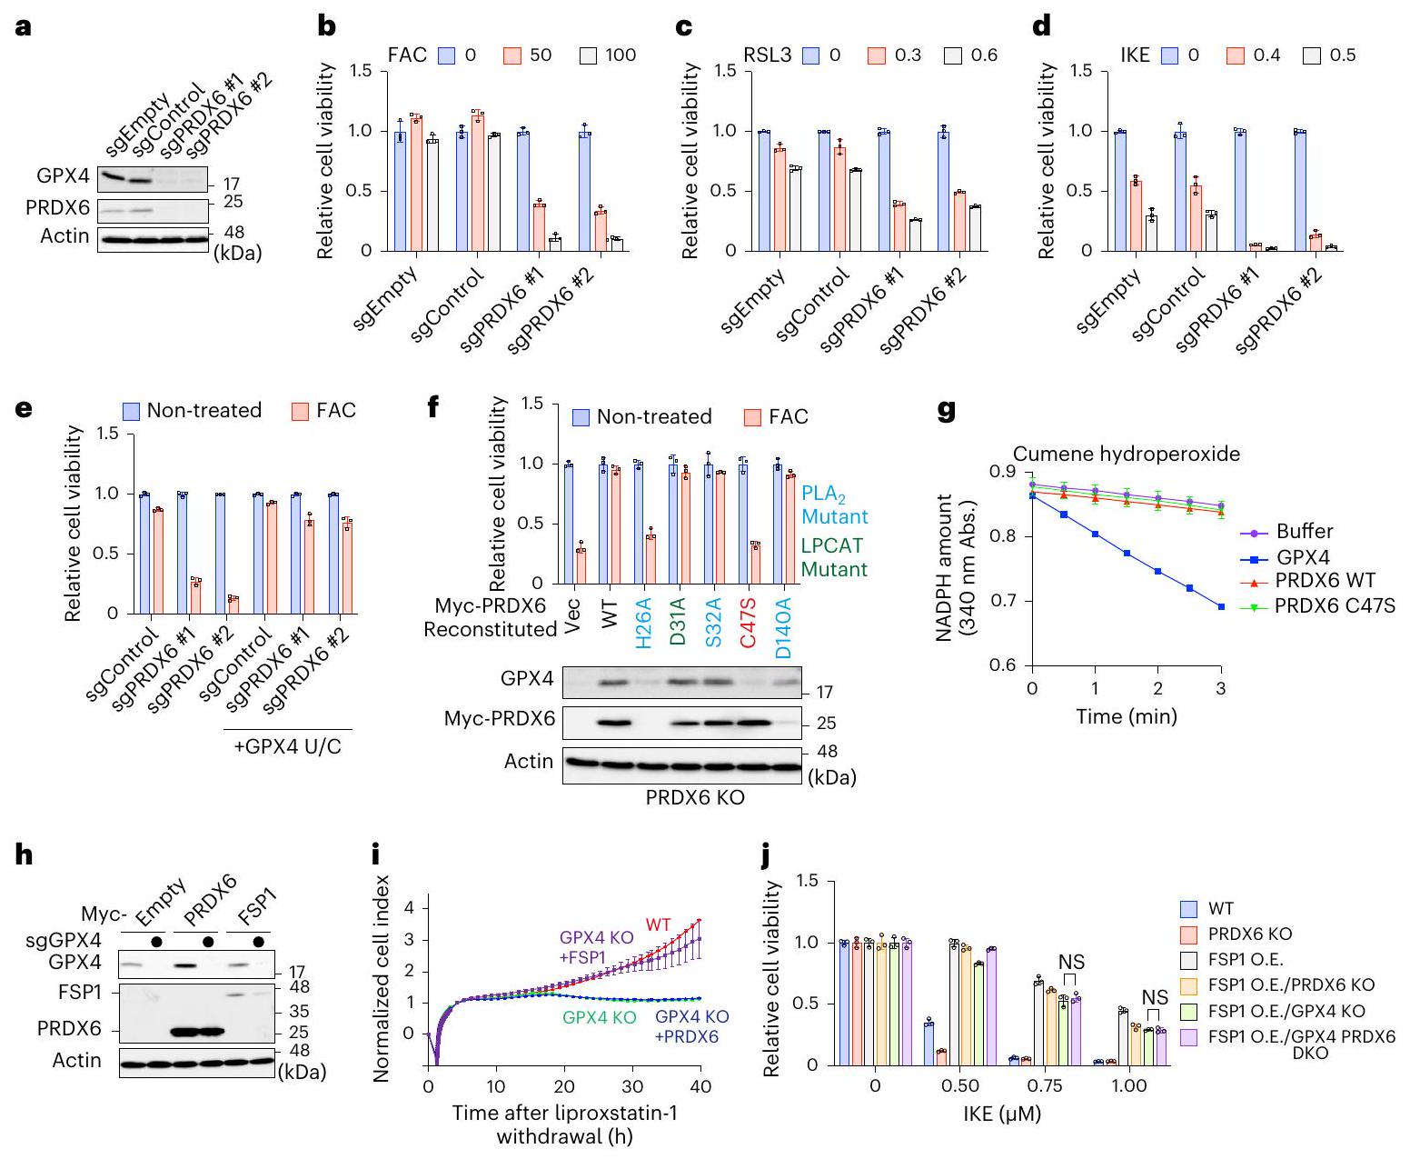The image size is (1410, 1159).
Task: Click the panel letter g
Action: tap(946, 411)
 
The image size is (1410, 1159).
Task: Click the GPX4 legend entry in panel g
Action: tap(1304, 555)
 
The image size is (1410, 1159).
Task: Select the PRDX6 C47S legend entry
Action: tap(1334, 604)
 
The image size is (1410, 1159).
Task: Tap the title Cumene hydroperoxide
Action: tap(1126, 454)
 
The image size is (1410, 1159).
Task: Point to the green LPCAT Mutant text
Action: tap(833, 557)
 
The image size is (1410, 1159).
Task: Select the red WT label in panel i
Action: tap(659, 925)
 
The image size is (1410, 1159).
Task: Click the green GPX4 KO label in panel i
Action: tap(600, 1018)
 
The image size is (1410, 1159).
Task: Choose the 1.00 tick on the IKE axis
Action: tap(1129, 1086)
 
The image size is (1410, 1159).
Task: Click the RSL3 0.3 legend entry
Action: tap(894, 55)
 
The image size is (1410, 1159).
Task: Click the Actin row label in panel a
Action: tap(65, 236)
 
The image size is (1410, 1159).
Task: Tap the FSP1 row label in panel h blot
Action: tap(81, 991)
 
